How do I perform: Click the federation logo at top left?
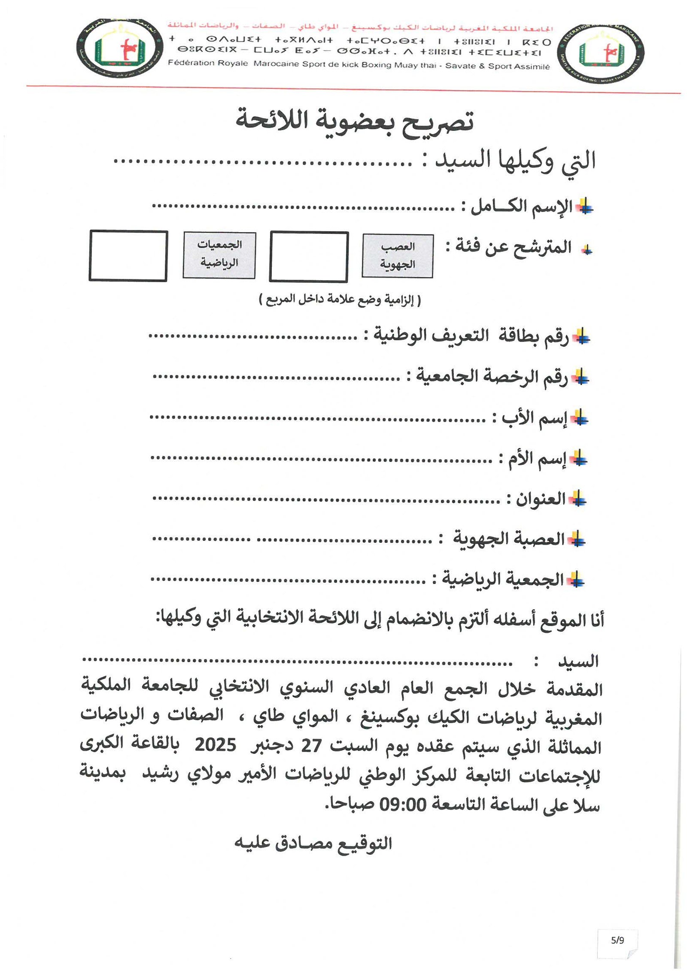point(120,48)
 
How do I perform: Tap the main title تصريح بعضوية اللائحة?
point(355,121)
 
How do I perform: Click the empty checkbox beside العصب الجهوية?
point(309,257)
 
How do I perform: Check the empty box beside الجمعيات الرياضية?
point(128,256)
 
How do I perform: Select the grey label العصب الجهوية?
point(397,256)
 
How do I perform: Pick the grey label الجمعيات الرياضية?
point(219,255)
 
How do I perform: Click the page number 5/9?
point(617,941)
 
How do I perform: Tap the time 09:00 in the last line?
point(402,804)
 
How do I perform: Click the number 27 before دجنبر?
point(311,746)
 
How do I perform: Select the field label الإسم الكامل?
point(522,207)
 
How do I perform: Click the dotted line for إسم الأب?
point(318,418)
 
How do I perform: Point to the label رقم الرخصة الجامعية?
point(492,377)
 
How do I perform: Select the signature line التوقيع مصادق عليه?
point(313,844)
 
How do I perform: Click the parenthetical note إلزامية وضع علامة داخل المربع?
point(340,299)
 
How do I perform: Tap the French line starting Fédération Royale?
point(359,65)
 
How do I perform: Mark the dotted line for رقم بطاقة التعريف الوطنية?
point(253,336)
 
